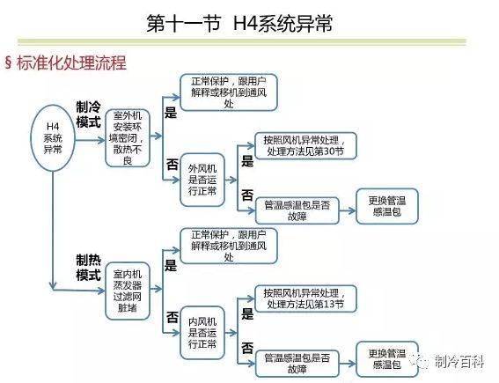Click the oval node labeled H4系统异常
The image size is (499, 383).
point(53,138)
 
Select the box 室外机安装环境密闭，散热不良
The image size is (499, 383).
point(128,138)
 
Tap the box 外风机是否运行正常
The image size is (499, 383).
point(202,180)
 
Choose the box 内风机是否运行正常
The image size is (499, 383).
point(202,333)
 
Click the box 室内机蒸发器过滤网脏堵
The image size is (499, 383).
point(128,291)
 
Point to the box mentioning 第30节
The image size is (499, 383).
point(305,146)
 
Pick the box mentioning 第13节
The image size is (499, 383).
point(305,298)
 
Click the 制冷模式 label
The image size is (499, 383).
point(89,114)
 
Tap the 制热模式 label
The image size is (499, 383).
point(89,268)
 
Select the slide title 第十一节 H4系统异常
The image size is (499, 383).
point(239,24)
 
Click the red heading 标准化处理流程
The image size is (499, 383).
point(71,63)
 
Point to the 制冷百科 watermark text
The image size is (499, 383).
point(459,362)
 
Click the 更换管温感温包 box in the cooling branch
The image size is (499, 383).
point(387,206)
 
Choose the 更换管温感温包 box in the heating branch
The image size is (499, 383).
point(387,359)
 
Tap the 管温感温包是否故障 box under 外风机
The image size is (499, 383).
point(297,210)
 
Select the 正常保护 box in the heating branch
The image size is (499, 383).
point(229,246)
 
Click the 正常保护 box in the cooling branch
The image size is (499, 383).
point(229,92)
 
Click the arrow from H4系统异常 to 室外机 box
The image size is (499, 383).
point(90,140)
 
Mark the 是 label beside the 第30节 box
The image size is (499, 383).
point(247,161)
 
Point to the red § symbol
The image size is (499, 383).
point(9,63)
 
